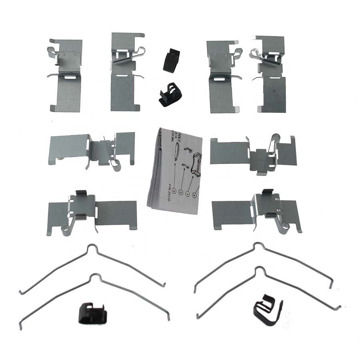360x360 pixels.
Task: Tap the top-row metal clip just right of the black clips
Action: [222, 76]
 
